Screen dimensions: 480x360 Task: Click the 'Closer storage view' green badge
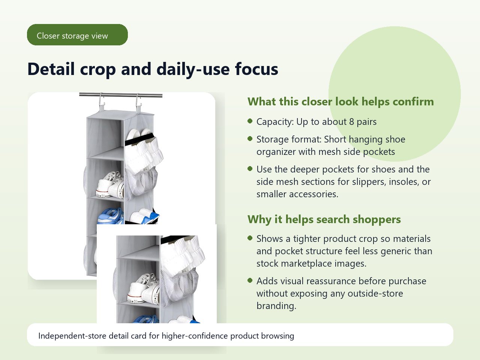tap(77, 35)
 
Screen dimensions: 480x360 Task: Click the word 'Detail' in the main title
tap(51, 69)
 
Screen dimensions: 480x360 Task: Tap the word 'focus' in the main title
tap(256, 69)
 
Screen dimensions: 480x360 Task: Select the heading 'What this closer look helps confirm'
tap(340, 102)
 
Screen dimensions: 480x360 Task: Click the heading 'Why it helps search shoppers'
tap(324, 219)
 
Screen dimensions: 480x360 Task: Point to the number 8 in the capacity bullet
tap(351, 122)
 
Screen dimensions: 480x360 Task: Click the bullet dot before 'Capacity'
tap(250, 121)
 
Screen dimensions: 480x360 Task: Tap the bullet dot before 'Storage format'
tap(250, 138)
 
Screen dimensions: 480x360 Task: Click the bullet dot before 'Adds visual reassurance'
tap(250, 280)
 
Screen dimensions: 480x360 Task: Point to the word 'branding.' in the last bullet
tap(276, 306)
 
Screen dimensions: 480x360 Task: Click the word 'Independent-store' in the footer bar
tap(72, 336)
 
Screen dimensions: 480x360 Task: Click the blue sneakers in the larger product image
tap(111, 216)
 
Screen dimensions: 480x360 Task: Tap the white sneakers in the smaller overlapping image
tap(144, 289)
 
